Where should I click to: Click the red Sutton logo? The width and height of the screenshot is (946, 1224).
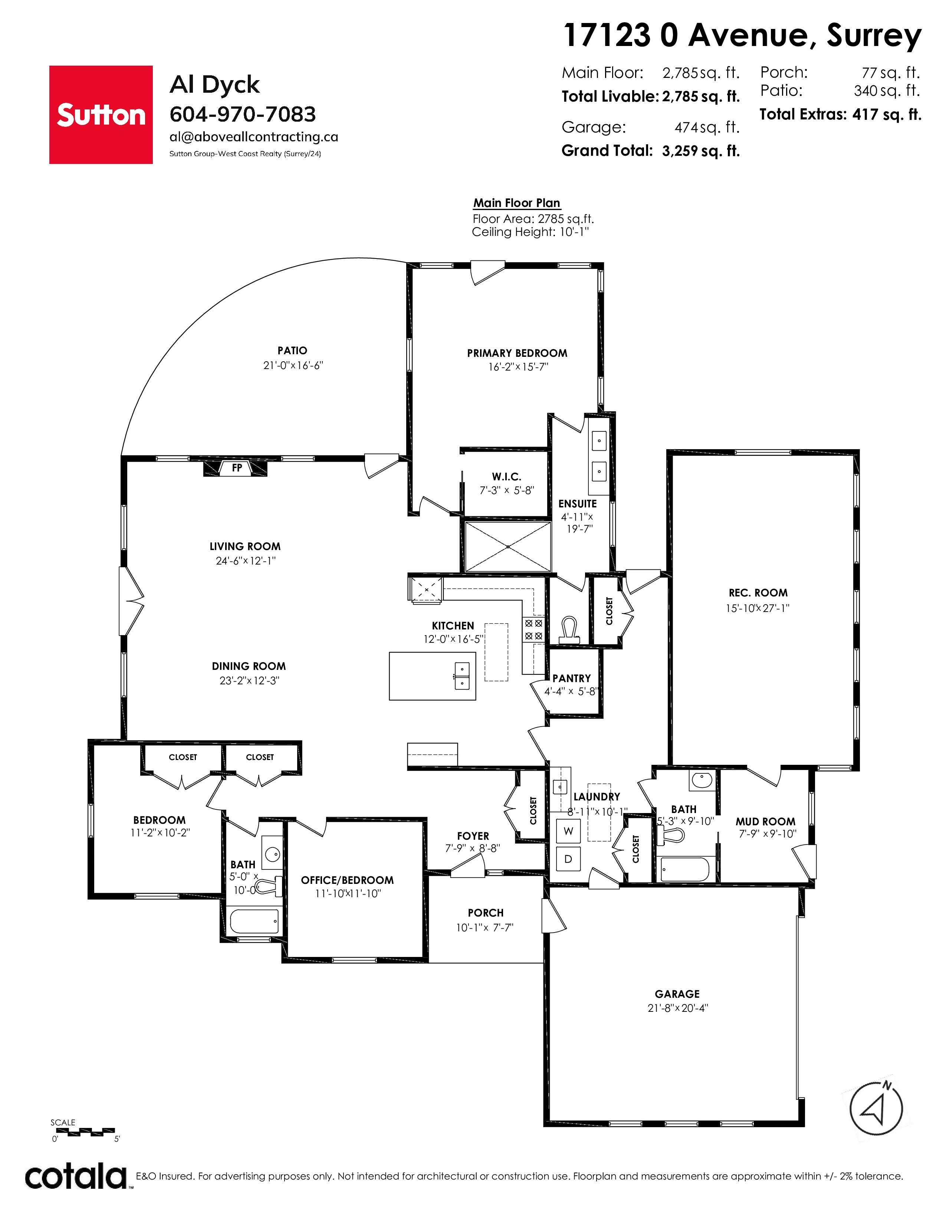tap(101, 115)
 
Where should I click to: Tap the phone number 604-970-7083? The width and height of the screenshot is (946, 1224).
tap(243, 114)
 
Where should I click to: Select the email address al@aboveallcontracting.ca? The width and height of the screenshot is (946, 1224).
tap(254, 137)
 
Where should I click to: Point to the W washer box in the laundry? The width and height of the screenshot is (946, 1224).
tap(568, 831)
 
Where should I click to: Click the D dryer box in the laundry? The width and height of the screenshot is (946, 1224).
tap(568, 859)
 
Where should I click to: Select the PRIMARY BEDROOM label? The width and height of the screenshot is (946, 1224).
tap(517, 353)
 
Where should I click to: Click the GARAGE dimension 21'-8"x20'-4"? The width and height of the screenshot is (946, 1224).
tap(677, 1008)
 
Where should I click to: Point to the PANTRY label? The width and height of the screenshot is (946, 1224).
tap(572, 678)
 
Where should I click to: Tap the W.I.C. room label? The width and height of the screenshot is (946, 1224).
tap(507, 477)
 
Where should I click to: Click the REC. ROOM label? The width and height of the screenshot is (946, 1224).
tap(758, 593)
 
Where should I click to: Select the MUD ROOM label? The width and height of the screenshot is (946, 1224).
tap(766, 822)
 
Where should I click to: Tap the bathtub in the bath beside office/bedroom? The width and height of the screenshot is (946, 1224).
tap(254, 921)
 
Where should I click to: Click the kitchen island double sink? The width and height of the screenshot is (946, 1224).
tap(462, 676)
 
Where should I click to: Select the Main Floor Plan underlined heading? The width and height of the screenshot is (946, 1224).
tap(517, 203)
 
